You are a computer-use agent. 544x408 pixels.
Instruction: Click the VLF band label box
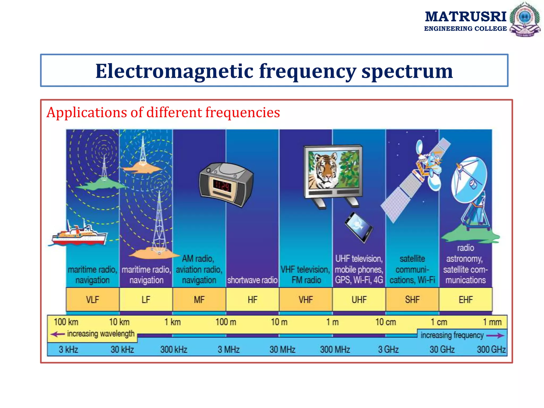coord(92,300)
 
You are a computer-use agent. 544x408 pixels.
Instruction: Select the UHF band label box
coord(359,300)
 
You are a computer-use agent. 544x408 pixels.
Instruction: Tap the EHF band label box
coord(465,300)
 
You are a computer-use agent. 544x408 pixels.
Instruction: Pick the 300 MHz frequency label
coord(335,349)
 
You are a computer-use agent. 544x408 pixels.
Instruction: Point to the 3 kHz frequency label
coord(68,349)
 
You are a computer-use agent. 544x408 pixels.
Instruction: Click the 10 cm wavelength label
coord(385,322)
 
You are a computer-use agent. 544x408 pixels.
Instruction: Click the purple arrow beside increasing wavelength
coord(57,334)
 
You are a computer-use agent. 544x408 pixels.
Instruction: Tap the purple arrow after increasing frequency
coord(495,336)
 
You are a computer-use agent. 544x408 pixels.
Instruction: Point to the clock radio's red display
coord(222,186)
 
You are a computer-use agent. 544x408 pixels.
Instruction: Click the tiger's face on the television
coord(325,170)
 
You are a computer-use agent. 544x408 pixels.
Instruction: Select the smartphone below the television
coord(359,227)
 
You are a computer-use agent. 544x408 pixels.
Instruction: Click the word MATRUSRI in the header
coord(465,17)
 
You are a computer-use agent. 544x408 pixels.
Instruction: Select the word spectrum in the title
coord(407,71)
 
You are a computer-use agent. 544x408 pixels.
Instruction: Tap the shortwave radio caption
coord(252,280)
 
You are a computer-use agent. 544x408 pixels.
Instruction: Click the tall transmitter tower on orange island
coord(159,223)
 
